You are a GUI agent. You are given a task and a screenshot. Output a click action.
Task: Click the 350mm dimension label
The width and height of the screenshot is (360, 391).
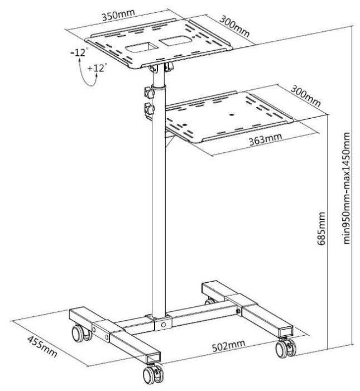pyautogui.click(x=118, y=15)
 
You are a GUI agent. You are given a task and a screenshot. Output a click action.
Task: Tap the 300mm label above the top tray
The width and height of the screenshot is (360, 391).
pyautogui.click(x=234, y=26)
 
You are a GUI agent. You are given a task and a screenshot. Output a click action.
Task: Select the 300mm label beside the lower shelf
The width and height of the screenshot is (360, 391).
pyautogui.click(x=305, y=96)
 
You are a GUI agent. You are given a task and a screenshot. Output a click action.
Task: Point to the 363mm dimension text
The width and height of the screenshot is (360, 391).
pyautogui.click(x=266, y=139)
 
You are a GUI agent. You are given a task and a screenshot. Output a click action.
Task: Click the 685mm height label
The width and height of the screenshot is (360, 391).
pyautogui.click(x=321, y=229)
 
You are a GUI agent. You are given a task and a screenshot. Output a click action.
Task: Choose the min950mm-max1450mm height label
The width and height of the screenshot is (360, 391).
pyautogui.click(x=347, y=188)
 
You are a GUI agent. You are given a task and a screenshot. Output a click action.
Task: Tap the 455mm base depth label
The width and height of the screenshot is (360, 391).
pyautogui.click(x=42, y=347)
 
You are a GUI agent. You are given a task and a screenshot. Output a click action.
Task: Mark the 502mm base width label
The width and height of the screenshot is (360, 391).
pyautogui.click(x=228, y=346)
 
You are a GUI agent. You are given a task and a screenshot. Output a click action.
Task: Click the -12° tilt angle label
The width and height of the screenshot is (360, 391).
pyautogui.click(x=79, y=52)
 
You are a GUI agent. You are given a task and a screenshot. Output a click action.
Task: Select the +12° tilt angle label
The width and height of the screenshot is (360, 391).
pyautogui.click(x=97, y=67)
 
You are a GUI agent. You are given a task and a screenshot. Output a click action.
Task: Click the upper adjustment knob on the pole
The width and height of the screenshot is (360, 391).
pyautogui.click(x=149, y=93)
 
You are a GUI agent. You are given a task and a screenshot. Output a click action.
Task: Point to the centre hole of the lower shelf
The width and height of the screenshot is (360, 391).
pyautogui.click(x=232, y=115)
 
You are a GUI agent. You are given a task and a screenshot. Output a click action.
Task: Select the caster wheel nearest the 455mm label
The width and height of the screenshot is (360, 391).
pyautogui.click(x=81, y=334)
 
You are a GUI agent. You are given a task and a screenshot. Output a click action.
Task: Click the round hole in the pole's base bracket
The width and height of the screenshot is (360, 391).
pyautogui.click(x=163, y=325)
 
